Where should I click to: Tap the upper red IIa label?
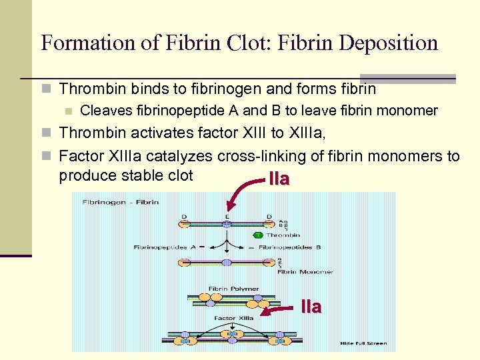point(279,179)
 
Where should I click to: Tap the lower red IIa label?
point(311,307)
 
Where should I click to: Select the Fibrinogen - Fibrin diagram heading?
point(120,202)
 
